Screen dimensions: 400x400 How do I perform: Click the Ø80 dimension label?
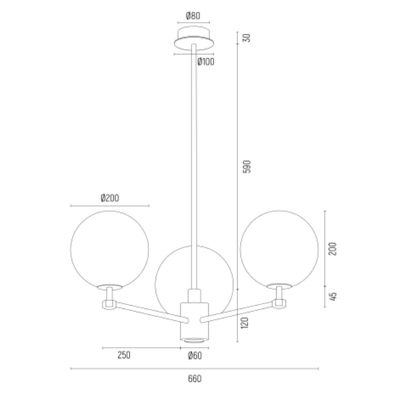point(193,16)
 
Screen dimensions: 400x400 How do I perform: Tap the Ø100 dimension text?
point(206,62)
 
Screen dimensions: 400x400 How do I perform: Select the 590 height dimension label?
point(247,166)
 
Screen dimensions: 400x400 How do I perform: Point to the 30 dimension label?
point(247,38)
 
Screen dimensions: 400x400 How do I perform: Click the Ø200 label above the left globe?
point(110,198)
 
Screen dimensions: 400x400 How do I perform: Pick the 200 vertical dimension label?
point(333,249)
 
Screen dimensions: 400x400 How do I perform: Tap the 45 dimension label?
point(333,296)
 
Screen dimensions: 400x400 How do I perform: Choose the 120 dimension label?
point(245,323)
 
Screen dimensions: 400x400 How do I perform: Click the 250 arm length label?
point(124,355)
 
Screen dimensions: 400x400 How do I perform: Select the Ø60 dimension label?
point(195,356)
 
